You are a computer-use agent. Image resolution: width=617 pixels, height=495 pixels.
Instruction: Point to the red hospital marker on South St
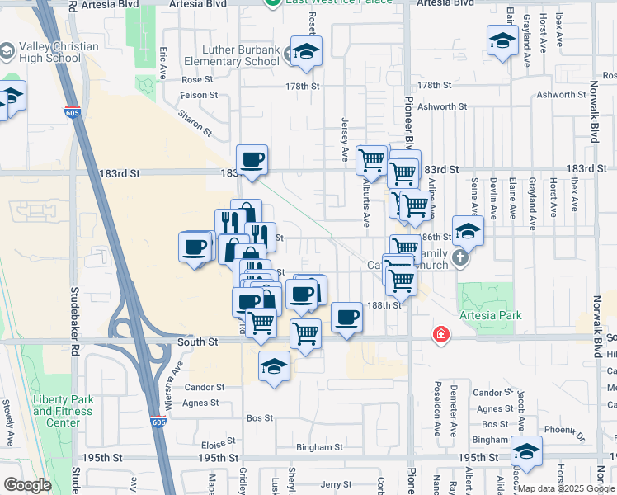click(x=442, y=334)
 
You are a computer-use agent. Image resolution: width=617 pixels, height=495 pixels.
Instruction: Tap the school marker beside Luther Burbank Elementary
click(x=306, y=52)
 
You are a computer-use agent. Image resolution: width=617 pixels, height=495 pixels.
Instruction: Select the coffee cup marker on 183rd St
click(x=252, y=159)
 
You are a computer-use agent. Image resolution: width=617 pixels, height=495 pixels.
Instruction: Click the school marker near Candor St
click(x=275, y=367)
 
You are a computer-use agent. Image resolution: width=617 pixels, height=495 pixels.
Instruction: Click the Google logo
click(x=27, y=485)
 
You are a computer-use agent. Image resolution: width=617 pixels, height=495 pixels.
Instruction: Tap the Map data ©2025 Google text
click(x=565, y=488)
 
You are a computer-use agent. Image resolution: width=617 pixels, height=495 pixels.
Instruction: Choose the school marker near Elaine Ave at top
click(x=502, y=41)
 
